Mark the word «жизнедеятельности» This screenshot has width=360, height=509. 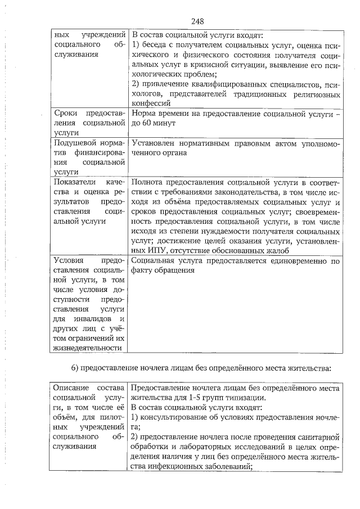[x=88, y=348]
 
